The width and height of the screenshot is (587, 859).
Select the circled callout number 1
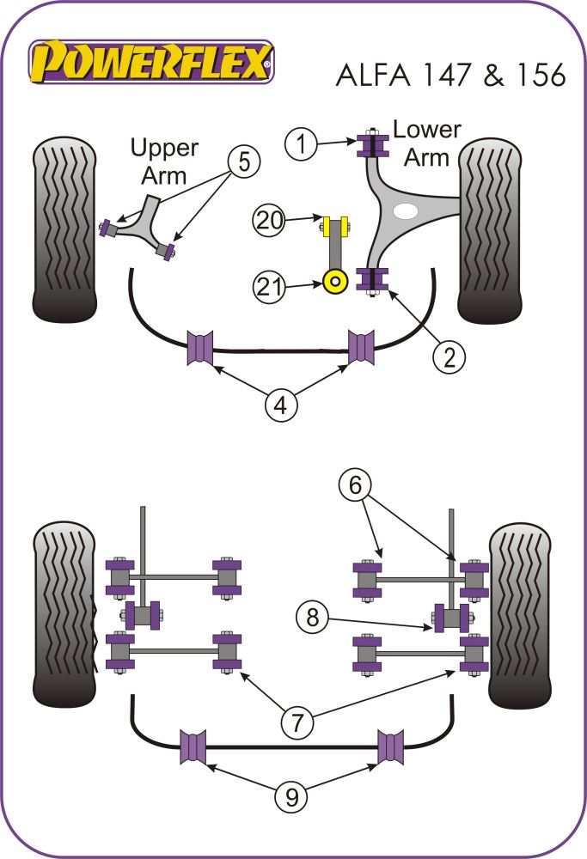[301, 143]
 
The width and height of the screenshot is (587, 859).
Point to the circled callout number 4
[281, 404]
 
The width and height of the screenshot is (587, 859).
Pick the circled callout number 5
[244, 161]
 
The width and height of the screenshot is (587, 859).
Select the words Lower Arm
[426, 143]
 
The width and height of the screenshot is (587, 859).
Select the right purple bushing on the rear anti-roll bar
[392, 746]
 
